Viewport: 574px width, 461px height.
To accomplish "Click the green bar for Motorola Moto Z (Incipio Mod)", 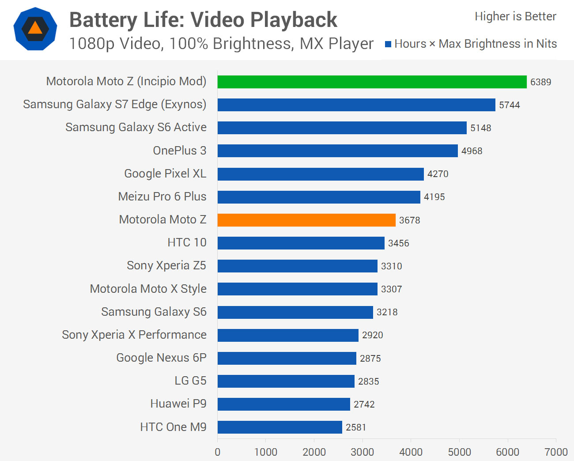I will [x=372, y=82].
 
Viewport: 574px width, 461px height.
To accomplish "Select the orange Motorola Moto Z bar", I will [x=306, y=220].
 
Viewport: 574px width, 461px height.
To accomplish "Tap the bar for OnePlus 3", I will [x=337, y=151].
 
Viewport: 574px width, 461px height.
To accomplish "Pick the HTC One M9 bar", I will [x=279, y=427].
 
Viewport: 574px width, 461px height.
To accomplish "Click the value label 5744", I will [x=510, y=105].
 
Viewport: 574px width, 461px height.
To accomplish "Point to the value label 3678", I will [x=410, y=220].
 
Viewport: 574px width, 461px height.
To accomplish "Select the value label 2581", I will [x=356, y=427].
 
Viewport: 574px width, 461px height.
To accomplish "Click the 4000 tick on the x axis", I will [x=411, y=452].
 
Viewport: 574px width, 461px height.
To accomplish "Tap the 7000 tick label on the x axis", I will [x=556, y=452].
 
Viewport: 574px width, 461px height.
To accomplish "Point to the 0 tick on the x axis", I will [x=217, y=452].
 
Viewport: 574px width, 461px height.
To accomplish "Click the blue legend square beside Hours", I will [x=388, y=44].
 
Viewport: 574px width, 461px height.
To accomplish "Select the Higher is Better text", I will [x=515, y=16].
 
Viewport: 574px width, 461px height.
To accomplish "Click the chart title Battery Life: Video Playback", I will [x=203, y=20].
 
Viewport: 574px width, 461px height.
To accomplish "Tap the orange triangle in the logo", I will [x=35, y=29].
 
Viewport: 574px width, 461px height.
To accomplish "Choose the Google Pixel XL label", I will [x=165, y=174].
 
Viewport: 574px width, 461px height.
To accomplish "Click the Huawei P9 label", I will [x=178, y=404].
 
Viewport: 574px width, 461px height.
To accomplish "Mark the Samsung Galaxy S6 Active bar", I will [x=342, y=128].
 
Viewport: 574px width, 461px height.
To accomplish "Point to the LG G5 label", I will [x=190, y=381].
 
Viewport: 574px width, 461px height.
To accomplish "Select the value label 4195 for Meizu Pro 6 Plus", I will [x=434, y=197].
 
